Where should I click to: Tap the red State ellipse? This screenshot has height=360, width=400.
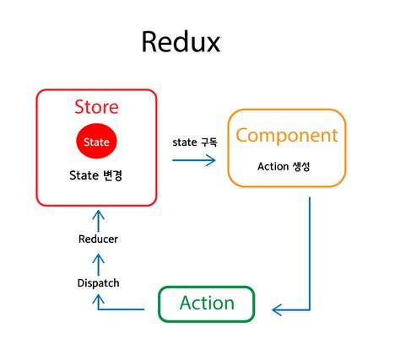click(96, 142)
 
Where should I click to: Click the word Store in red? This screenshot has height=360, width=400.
click(96, 107)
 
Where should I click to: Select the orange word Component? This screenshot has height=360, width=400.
click(286, 136)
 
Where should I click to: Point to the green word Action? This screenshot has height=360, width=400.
click(206, 303)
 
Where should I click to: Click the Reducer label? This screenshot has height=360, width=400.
click(97, 239)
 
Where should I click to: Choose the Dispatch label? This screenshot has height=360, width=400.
click(97, 282)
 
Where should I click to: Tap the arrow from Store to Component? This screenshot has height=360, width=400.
click(193, 159)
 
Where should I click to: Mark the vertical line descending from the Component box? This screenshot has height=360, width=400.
click(310, 253)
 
